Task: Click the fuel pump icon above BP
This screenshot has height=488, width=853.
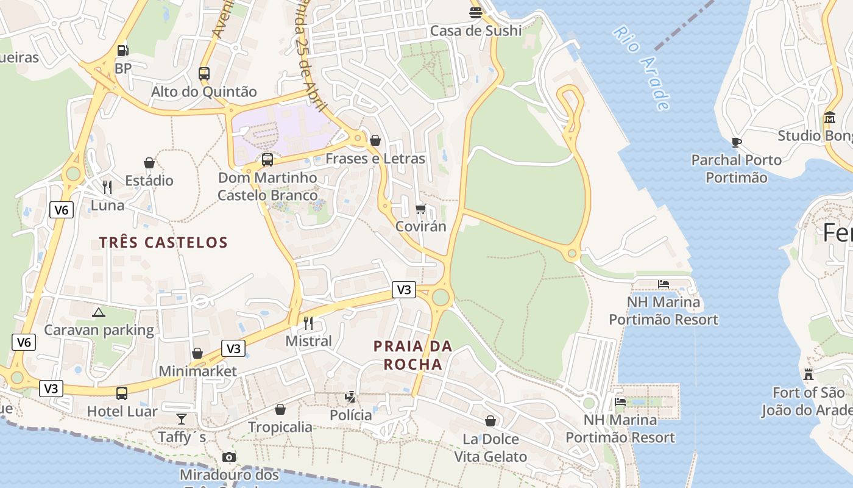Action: pyautogui.click(x=122, y=51)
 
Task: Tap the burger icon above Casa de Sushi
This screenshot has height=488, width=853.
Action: pyautogui.click(x=476, y=12)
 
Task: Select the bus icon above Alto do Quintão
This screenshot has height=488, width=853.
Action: pyautogui.click(x=204, y=74)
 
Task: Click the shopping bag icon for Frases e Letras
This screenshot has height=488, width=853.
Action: pyautogui.click(x=375, y=140)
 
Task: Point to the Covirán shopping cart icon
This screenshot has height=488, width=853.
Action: pyautogui.click(x=420, y=209)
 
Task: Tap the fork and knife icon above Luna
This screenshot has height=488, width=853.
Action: pyautogui.click(x=107, y=187)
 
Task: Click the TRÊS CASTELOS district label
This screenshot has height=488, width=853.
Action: pyautogui.click(x=163, y=242)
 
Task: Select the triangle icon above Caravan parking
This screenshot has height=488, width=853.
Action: pyautogui.click(x=98, y=313)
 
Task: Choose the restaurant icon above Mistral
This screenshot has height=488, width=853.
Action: pyautogui.click(x=309, y=323)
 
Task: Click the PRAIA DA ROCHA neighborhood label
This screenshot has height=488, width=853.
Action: pyautogui.click(x=412, y=355)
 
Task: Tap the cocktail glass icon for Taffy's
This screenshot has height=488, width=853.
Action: pyautogui.click(x=182, y=419)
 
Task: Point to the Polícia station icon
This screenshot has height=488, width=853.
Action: pyautogui.click(x=350, y=397)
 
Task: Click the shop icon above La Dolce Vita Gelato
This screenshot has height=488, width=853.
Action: pyautogui.click(x=490, y=421)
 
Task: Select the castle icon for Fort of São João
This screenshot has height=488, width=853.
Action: pyautogui.click(x=809, y=374)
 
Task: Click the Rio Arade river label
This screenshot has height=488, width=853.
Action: pyautogui.click(x=642, y=67)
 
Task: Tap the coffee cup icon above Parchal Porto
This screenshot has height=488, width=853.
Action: pyautogui.click(x=737, y=142)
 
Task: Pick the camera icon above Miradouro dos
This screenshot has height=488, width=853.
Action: pyautogui.click(x=228, y=457)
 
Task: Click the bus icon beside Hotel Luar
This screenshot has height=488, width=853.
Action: pyautogui.click(x=122, y=393)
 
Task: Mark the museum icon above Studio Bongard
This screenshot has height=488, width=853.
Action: pyautogui.click(x=830, y=117)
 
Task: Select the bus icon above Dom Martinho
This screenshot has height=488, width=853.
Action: pyautogui.click(x=267, y=160)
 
